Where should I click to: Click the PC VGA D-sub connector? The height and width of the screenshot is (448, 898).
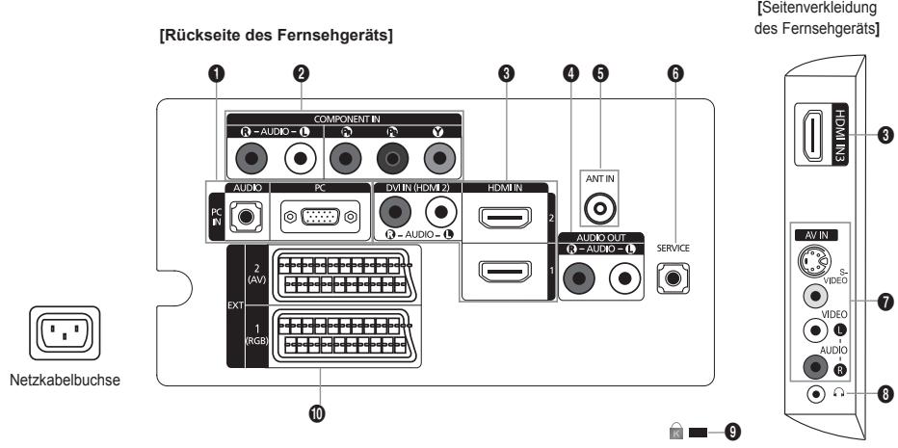(319, 217)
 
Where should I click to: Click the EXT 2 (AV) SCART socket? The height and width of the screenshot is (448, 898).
(343, 275)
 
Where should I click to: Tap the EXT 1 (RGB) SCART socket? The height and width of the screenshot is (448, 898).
(343, 337)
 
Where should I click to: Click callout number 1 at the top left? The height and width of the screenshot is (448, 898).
(220, 73)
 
